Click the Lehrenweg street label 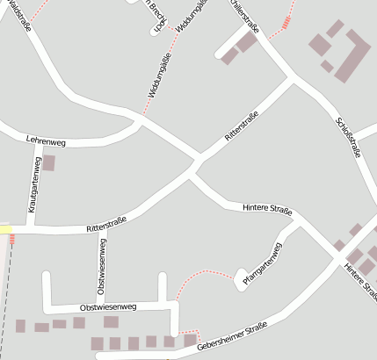[x=47, y=141]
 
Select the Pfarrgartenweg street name [x=260, y=265]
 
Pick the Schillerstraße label [x=244, y=15]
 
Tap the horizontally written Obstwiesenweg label [x=108, y=307]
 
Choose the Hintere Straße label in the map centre [x=266, y=209]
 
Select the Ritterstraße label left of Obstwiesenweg [x=107, y=224]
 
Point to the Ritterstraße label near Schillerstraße [x=242, y=127]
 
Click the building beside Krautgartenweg [x=49, y=162]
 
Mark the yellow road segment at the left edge [x=5, y=229]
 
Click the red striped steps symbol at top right [x=286, y=24]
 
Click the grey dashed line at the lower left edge [x=6, y=299]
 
